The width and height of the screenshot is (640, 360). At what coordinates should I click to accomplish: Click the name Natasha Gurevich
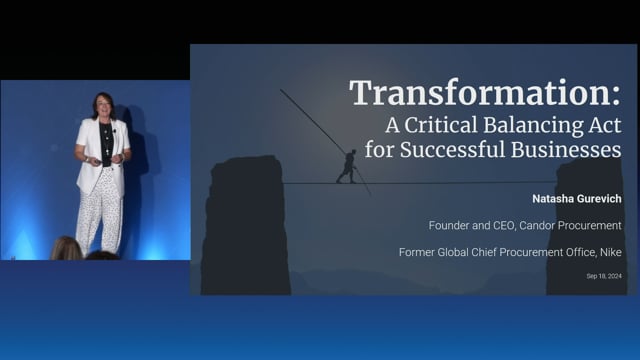[x=567, y=197]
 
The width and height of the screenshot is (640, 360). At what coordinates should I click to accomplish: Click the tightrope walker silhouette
[x=346, y=166]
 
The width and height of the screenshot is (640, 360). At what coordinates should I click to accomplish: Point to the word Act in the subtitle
[x=603, y=126]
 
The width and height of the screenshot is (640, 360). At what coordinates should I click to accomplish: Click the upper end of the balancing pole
[x=282, y=91]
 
